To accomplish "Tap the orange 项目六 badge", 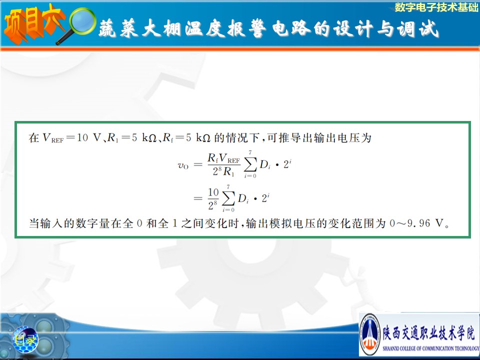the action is coord(33,23).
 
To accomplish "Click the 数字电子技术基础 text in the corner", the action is coord(436,7).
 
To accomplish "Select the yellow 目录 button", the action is coord(25,339).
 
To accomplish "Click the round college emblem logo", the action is coord(370,334).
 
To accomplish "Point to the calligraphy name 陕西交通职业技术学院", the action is coord(429,333).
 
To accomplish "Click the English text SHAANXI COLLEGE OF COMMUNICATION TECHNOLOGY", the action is coord(430,348).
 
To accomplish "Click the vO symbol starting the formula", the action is coord(183,165).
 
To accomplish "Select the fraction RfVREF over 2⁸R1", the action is coord(224,164).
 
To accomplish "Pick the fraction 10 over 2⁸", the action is coord(213,198).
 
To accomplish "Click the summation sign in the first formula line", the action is coord(250,164).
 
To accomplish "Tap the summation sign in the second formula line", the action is coord(228,198).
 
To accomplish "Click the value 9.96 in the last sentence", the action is coord(418,223).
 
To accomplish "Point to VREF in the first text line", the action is coord(53,138).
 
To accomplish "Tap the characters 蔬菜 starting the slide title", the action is coord(118,28).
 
